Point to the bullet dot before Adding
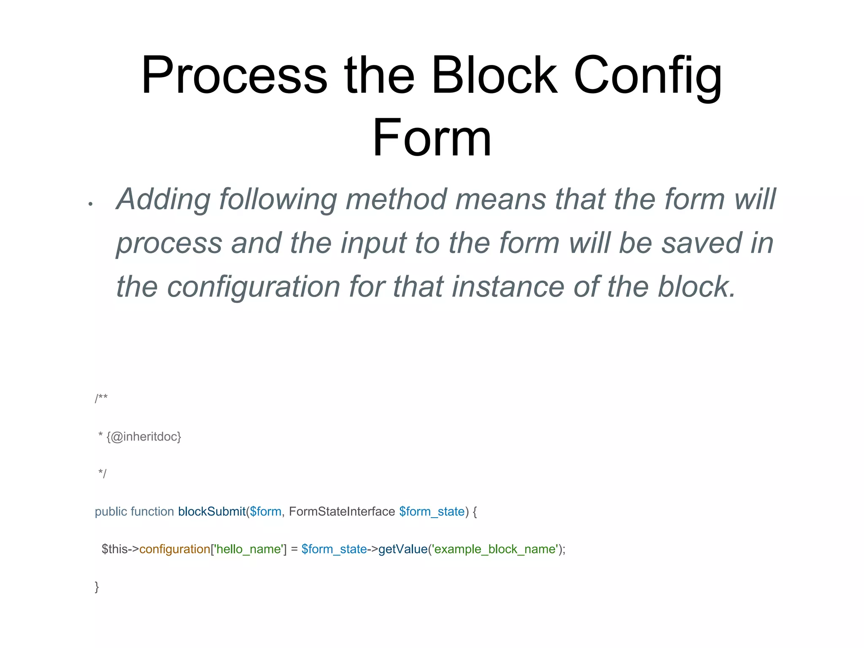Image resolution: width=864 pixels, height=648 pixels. click(x=90, y=204)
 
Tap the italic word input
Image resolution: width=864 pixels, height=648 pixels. click(x=373, y=243)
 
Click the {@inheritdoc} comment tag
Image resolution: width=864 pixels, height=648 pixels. click(x=144, y=437)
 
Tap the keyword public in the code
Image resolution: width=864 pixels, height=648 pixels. click(x=111, y=512)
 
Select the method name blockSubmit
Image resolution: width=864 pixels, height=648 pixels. click(x=212, y=512)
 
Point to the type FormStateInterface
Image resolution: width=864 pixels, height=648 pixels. click(x=342, y=512)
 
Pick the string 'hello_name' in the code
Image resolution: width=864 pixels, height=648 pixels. click(x=248, y=549)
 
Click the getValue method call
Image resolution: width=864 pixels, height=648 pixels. click(x=403, y=549)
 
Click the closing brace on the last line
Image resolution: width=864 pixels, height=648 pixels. click(x=97, y=587)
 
